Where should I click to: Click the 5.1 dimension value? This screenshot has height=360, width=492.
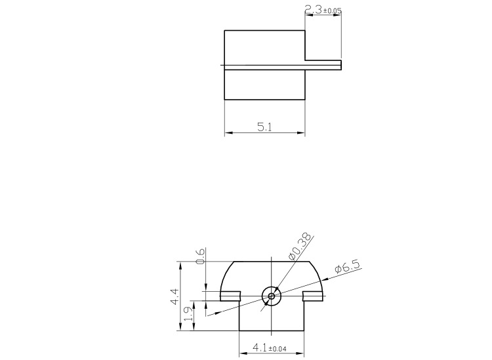(265, 127)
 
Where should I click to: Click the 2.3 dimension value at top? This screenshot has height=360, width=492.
(312, 10)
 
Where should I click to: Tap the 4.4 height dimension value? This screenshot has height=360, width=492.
(174, 297)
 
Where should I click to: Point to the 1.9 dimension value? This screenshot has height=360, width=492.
(189, 315)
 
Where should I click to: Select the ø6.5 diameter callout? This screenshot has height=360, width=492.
(347, 268)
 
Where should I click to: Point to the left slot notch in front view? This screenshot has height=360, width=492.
(230, 296)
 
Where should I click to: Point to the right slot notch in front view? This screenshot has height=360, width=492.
(313, 296)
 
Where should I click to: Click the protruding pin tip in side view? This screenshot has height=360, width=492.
(338, 65)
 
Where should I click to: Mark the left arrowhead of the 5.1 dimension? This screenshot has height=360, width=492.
(227, 133)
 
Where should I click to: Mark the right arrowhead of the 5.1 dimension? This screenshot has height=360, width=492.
(302, 133)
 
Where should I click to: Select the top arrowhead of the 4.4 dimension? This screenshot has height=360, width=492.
(180, 264)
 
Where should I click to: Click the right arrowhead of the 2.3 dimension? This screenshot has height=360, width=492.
(339, 14)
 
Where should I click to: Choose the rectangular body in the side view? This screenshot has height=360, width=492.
(264, 65)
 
